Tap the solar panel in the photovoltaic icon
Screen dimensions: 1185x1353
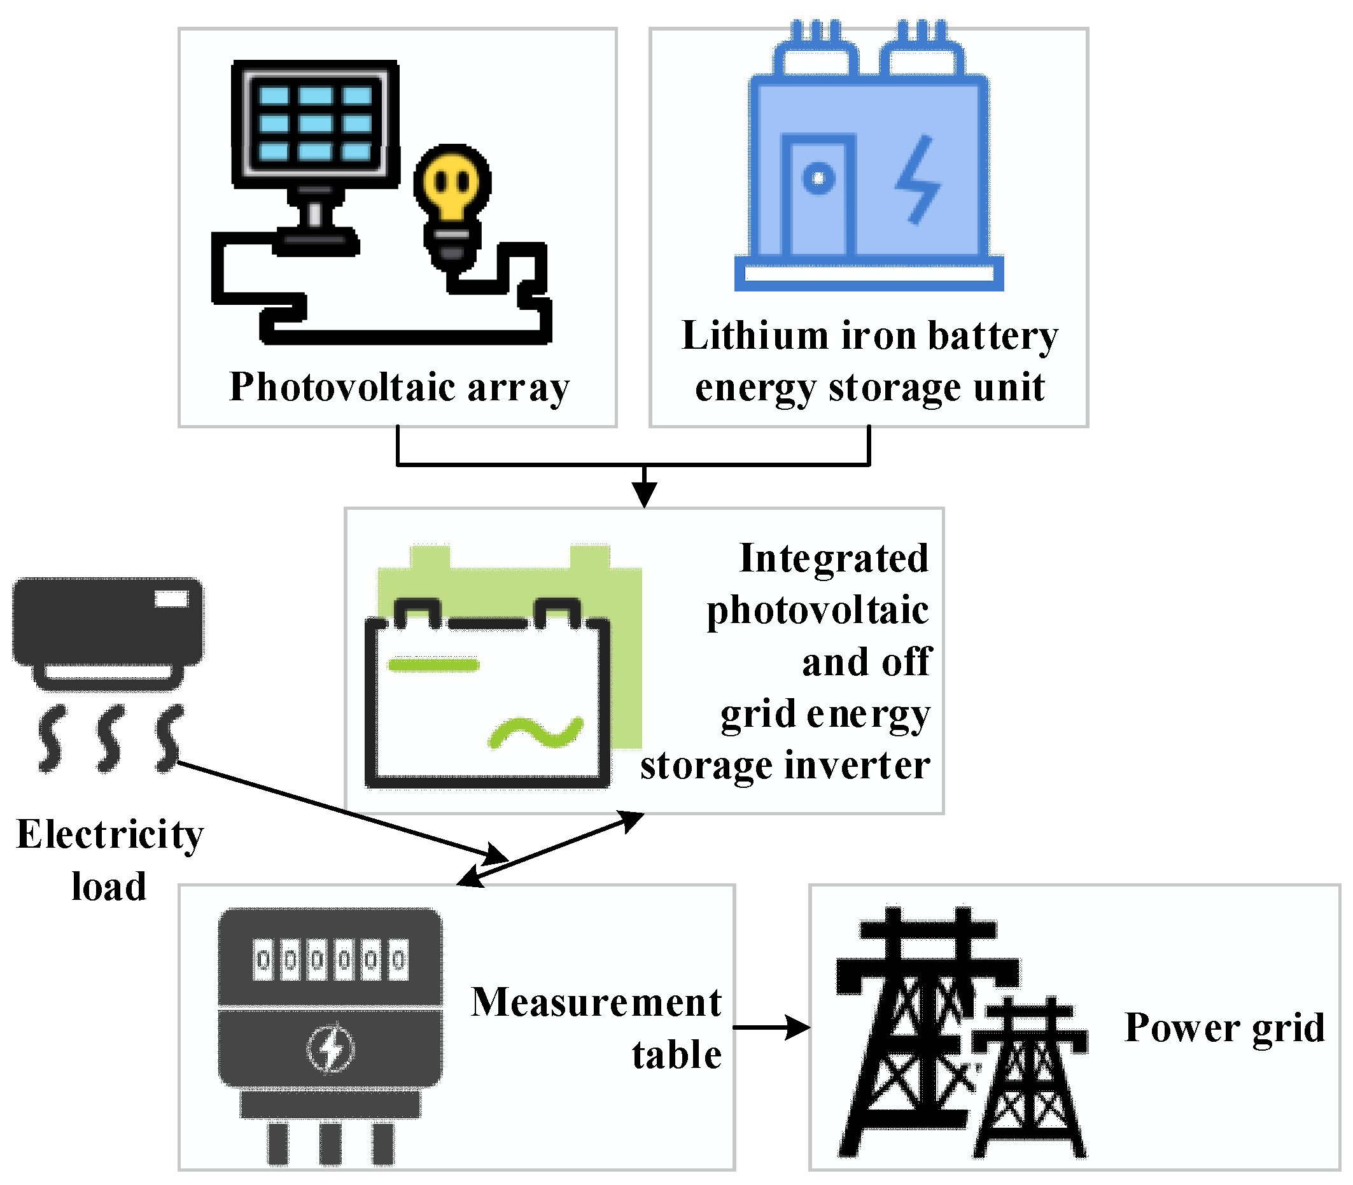pyautogui.click(x=315, y=123)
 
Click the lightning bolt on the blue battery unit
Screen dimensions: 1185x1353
pyautogui.click(x=918, y=179)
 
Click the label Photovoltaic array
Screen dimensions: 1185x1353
pyautogui.click(x=399, y=387)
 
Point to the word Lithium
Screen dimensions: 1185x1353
pyautogui.click(x=755, y=336)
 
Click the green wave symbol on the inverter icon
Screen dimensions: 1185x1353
pyautogui.click(x=536, y=733)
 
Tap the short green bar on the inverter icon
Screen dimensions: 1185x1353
pyautogui.click(x=433, y=664)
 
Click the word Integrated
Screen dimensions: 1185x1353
pyautogui.click(x=834, y=559)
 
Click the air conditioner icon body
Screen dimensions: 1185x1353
pyautogui.click(x=108, y=622)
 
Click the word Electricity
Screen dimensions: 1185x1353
pyautogui.click(x=109, y=834)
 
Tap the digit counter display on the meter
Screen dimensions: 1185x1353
pyautogui.click(x=331, y=959)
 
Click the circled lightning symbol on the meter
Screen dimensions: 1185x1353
pyautogui.click(x=332, y=1048)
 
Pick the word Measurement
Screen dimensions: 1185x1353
pyautogui.click(x=596, y=1002)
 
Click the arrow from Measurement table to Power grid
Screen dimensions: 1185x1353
pyautogui.click(x=771, y=1027)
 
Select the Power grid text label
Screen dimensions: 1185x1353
pyautogui.click(x=1224, y=1028)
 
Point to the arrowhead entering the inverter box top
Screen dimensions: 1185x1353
pyautogui.click(x=644, y=493)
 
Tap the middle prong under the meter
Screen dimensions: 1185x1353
pyautogui.click(x=330, y=1144)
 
